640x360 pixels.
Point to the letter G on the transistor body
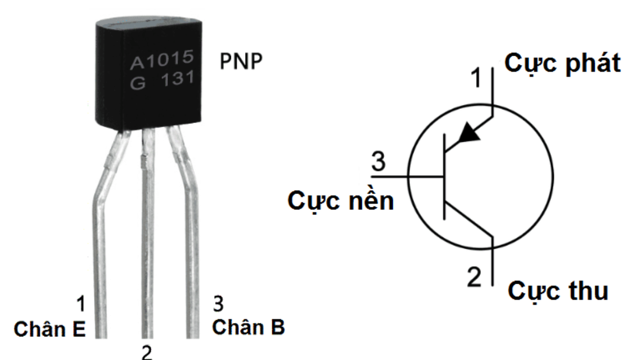[137, 82]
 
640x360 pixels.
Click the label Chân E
[50, 329]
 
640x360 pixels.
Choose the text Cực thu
[558, 291]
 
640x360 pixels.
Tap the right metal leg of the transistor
[192, 246]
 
